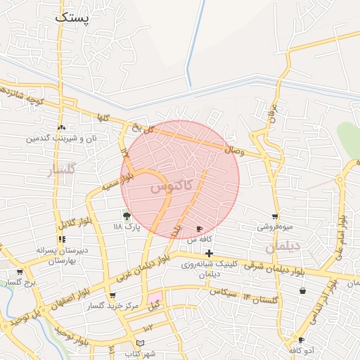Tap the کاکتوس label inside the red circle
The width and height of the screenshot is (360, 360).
[x=169, y=188]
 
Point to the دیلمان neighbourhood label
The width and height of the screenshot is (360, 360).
[x=283, y=247]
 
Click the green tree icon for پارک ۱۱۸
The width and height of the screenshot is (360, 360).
[x=127, y=216]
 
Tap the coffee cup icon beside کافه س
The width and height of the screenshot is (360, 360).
[x=200, y=229]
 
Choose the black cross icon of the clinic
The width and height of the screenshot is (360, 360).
[x=209, y=252]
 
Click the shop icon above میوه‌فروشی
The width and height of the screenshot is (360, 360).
[x=275, y=217]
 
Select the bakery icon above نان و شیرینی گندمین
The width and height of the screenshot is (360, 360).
[x=62, y=128]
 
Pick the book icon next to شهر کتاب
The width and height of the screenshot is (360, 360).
[x=140, y=342]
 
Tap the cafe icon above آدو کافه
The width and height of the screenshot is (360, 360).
[x=301, y=340]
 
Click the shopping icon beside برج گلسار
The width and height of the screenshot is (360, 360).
[x=19, y=272]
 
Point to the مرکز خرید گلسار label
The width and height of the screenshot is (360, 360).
[x=113, y=307]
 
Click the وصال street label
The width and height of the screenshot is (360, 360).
[x=234, y=149]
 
